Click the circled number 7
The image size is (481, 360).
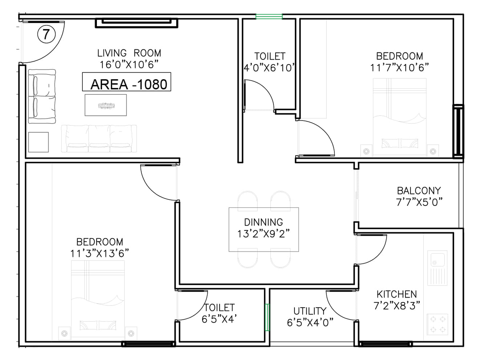coord(46,34)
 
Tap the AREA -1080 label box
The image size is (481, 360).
coord(126,82)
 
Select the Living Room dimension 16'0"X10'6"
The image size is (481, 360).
coord(129,65)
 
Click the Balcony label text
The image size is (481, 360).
coord(419,191)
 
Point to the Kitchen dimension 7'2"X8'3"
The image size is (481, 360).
coord(397,306)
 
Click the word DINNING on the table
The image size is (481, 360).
coord(264,222)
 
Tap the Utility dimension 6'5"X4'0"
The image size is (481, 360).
coord(310,323)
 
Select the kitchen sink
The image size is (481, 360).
coord(437,268)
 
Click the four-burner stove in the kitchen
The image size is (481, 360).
coord(437,324)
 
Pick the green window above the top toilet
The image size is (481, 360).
coord(269,16)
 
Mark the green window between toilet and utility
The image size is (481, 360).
coord(267,317)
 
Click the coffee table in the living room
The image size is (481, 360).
coord(106,105)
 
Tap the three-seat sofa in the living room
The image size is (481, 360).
coord(99,138)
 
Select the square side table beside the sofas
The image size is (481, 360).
coord(38,142)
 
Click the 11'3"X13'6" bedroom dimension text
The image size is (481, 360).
coord(99,254)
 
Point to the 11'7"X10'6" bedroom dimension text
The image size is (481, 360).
coord(399,68)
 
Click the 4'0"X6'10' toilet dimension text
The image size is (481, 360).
coord(269,68)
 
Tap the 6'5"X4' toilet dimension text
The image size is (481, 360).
coord(219,319)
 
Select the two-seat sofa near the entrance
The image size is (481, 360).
coord(42,96)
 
